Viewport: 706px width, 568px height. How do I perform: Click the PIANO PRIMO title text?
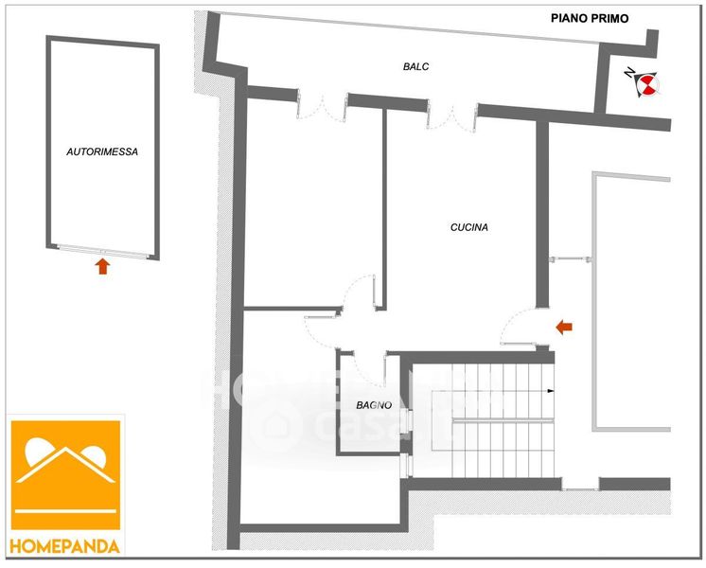point(590,17)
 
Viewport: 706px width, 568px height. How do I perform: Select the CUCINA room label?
point(468,227)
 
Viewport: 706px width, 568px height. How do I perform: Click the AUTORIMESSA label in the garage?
point(102,151)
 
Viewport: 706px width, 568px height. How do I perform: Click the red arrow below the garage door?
point(102,266)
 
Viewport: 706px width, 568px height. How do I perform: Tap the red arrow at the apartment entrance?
point(564,328)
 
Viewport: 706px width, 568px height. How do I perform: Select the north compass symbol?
point(643,83)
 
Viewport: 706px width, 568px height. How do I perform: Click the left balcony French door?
point(321,103)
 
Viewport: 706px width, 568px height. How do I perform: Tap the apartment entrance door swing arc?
point(518,328)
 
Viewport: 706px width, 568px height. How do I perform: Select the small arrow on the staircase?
point(547,389)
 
